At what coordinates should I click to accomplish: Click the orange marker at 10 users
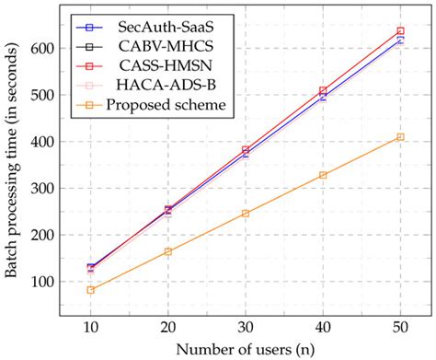(x=90, y=289)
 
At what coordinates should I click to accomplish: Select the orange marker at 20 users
(x=167, y=251)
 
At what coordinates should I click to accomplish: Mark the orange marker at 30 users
(x=246, y=213)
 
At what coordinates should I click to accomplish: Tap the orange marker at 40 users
(x=323, y=175)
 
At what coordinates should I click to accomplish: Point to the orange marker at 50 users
(x=400, y=137)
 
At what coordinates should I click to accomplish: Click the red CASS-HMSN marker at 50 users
(x=400, y=31)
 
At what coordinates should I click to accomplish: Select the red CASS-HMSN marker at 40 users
(x=323, y=90)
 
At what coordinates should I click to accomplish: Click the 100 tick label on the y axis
(x=43, y=281)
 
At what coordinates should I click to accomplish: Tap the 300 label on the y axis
(x=43, y=188)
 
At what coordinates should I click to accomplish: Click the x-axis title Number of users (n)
(x=245, y=349)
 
